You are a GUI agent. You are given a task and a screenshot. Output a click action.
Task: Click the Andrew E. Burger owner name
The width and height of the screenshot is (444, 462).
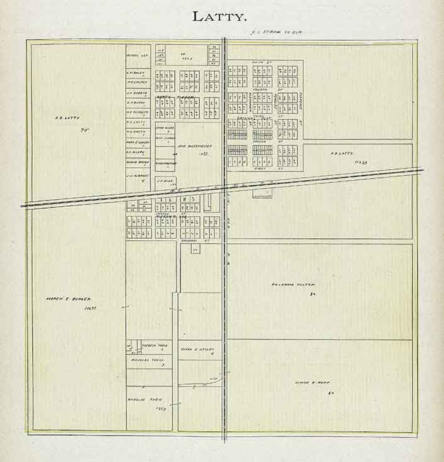click(69, 299)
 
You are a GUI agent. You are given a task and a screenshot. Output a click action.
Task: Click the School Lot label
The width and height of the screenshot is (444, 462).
click(136, 55)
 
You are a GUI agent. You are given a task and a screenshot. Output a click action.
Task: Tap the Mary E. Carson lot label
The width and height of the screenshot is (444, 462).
click(136, 142)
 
